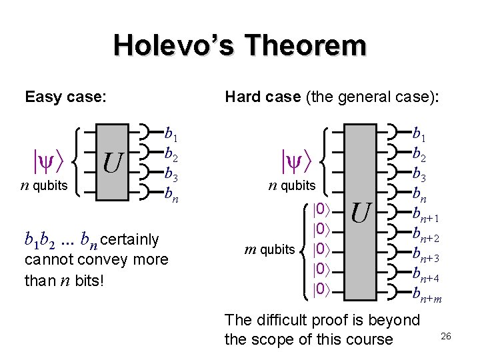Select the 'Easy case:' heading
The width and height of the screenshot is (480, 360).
tap(65, 97)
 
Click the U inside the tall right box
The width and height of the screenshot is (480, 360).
tap(361, 213)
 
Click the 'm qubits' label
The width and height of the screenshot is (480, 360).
tap(269, 249)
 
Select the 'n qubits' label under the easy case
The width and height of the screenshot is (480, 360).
tap(44, 185)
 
